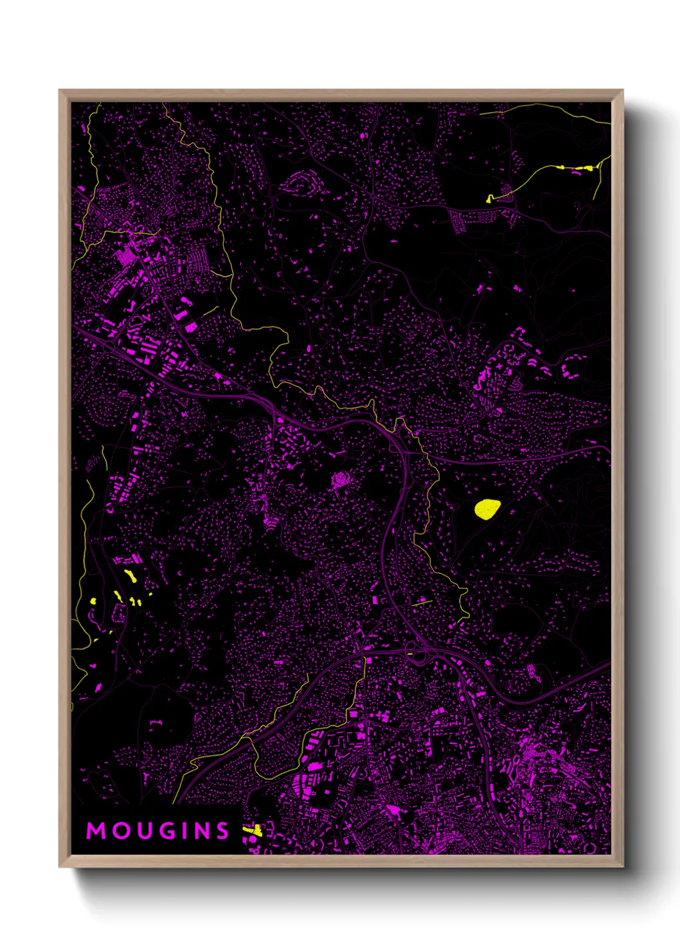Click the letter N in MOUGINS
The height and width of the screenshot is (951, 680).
pyautogui.click(x=199, y=831)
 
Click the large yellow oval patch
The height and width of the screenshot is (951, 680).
pyautogui.click(x=487, y=509)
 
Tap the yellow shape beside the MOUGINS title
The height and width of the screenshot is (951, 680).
pyautogui.click(x=253, y=831)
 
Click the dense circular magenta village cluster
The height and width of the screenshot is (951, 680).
pyautogui.click(x=341, y=479)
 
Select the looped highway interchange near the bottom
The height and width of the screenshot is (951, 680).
pyautogui.click(x=420, y=656)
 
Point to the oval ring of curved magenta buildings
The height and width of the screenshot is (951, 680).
pyautogui.click(x=300, y=184)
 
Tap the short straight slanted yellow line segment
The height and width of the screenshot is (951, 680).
pyautogui.click(x=421, y=603)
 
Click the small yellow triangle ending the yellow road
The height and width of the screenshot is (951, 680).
pyautogui.click(x=490, y=199)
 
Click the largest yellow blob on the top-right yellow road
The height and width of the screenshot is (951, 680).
pyautogui.click(x=586, y=168)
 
